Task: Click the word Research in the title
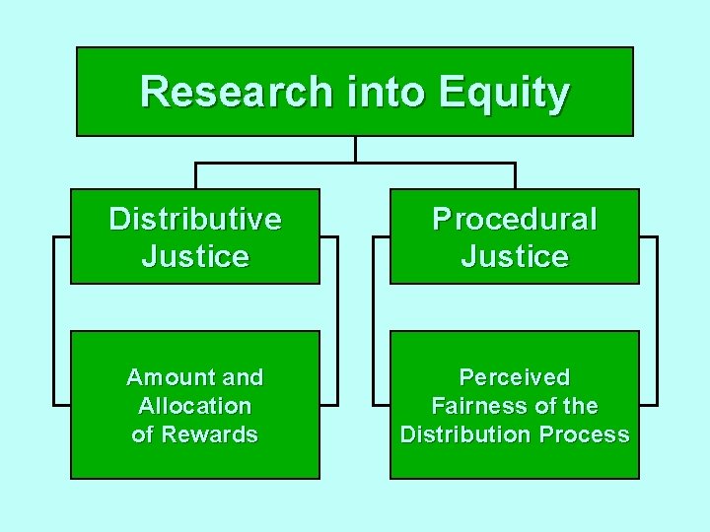(x=237, y=92)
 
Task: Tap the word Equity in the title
(x=504, y=92)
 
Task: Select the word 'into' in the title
(x=386, y=92)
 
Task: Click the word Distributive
(x=195, y=219)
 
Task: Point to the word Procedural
(x=515, y=219)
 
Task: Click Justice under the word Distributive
(x=195, y=257)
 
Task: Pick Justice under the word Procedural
(x=515, y=257)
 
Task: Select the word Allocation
(x=195, y=406)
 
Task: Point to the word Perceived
(x=515, y=377)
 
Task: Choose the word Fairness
(x=475, y=406)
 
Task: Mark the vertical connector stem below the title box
(x=355, y=149)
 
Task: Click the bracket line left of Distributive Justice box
(x=54, y=320)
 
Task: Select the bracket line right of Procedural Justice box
(x=656, y=320)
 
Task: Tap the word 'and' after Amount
(x=244, y=377)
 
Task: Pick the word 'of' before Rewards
(x=144, y=434)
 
